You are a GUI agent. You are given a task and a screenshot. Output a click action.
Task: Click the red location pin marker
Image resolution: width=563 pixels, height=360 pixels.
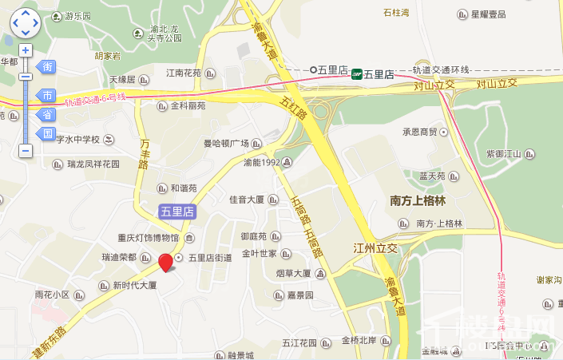[166, 262]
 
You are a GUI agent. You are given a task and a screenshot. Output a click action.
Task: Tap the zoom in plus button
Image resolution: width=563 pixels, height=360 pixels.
[26, 50]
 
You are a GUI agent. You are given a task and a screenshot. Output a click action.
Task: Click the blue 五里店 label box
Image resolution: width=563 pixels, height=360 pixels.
[176, 212]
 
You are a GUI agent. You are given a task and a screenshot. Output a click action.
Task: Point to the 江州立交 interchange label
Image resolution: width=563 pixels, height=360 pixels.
[375, 248]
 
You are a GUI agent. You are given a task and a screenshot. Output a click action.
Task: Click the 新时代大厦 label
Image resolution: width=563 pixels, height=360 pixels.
[133, 285]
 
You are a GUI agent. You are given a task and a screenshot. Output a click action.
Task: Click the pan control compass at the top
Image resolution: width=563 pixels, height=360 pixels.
[26, 22]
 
